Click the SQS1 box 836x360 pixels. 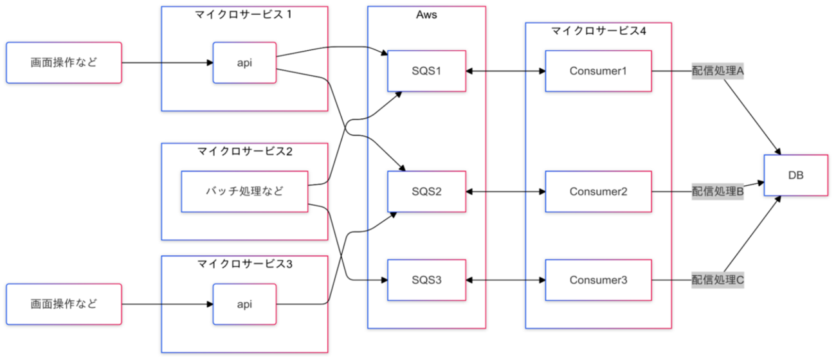426,71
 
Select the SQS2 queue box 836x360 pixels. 426,192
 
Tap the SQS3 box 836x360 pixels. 426,280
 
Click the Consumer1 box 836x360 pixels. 598,71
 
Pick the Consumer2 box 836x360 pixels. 598,192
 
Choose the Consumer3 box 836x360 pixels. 598,280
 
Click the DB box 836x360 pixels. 795,175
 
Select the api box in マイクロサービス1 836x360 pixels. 244,62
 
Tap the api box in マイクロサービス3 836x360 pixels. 244,304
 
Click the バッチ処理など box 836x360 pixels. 244,192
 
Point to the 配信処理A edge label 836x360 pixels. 718,71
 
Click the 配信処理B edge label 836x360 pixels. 718,192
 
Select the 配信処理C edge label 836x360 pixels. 718,280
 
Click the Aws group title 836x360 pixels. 426,15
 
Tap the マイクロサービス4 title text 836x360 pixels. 598,31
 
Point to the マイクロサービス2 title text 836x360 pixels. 244,151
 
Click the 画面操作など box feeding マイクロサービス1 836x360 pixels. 64,62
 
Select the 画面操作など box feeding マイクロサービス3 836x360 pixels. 64,304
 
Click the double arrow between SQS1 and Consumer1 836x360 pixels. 505,71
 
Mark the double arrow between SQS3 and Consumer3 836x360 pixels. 505,280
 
